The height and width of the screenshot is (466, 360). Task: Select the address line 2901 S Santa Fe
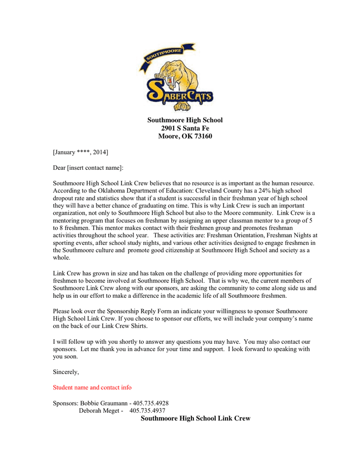pos(185,128)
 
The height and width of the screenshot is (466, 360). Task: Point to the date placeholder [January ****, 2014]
pos(80,152)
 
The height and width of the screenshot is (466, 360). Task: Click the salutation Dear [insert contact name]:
pos(88,168)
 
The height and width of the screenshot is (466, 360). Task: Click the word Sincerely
pos(66,372)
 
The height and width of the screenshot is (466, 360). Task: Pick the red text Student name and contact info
pos(92,387)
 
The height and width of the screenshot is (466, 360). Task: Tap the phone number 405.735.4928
pos(151,403)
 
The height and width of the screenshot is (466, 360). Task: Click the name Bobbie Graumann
pos(103,403)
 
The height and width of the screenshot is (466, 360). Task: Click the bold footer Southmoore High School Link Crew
pos(196,418)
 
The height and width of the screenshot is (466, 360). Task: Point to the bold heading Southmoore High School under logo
pos(185,120)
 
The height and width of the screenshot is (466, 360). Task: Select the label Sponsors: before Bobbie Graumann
pos(66,403)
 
